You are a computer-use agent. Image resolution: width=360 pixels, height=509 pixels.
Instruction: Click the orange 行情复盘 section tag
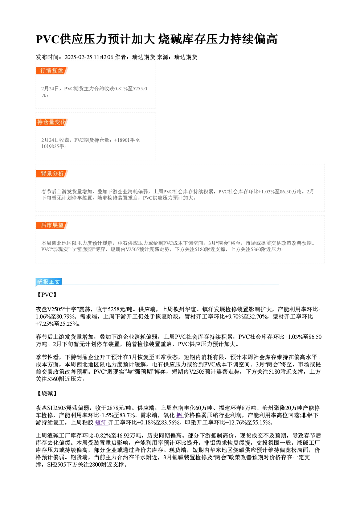[52, 71]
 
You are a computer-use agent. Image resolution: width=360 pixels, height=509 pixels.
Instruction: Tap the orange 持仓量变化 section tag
[52, 122]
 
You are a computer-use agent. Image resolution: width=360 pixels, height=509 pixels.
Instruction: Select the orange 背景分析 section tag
[52, 174]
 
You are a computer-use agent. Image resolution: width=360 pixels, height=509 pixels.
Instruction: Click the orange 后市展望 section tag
[52, 225]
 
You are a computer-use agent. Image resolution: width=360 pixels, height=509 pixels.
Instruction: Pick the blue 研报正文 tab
[49, 282]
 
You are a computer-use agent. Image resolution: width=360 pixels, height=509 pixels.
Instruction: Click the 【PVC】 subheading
[47, 295]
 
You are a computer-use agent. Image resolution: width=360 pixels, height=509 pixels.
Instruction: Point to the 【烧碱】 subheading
[47, 393]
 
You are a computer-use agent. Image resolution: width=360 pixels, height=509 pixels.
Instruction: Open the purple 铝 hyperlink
[180, 415]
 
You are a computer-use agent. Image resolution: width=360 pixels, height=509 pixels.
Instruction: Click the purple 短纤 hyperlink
[101, 422]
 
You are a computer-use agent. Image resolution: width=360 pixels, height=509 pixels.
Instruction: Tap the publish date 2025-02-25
[78, 57]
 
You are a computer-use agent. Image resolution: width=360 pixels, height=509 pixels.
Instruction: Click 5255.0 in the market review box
[140, 89]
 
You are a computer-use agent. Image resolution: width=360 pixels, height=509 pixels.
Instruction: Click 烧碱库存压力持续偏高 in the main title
[218, 39]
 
